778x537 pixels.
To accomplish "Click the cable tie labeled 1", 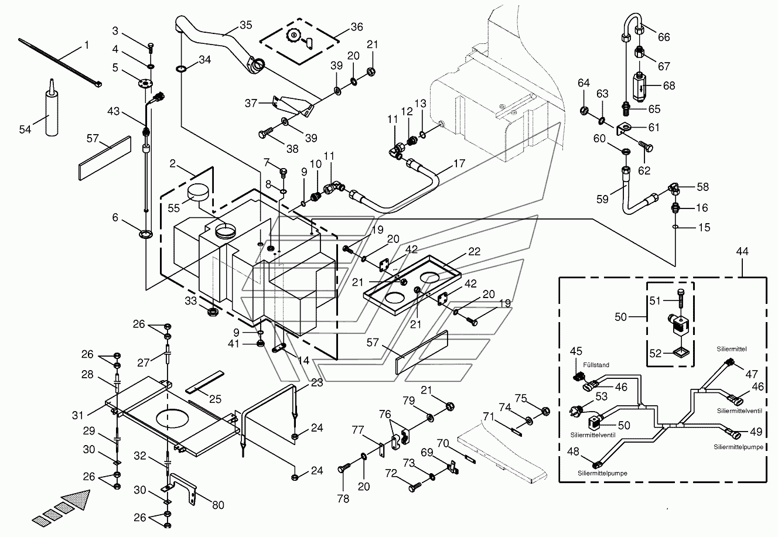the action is (x=60, y=63).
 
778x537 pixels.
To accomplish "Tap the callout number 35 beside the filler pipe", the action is (x=246, y=25).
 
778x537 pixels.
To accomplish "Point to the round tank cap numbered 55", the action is (x=198, y=193).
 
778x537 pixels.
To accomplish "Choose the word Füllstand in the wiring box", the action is (x=596, y=365).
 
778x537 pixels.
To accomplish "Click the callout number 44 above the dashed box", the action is (x=742, y=251).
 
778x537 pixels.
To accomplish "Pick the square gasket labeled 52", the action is (x=681, y=353).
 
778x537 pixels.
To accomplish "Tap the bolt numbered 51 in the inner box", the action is (x=680, y=299).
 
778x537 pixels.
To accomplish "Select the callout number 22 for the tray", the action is (x=474, y=251).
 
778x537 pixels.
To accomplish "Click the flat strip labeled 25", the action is (x=204, y=382).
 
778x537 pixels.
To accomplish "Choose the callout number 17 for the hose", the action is (x=459, y=163).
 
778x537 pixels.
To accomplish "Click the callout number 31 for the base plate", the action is (x=77, y=415).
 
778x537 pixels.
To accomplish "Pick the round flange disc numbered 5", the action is (x=143, y=84).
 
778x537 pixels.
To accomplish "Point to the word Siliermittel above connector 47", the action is (x=732, y=349).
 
